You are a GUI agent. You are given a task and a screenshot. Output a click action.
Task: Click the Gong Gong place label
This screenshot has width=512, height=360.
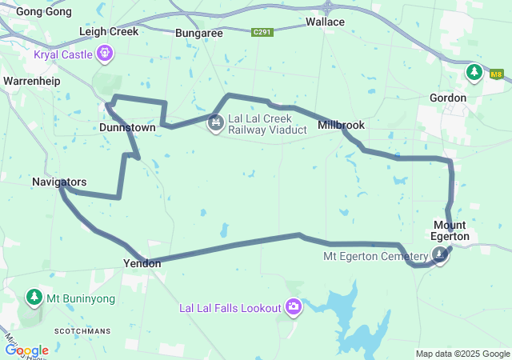[x=40, y=11]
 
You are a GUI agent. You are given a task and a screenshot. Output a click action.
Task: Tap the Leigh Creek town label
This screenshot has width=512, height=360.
[x=109, y=31]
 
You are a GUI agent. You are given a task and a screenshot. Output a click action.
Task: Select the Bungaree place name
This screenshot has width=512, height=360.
[x=199, y=33]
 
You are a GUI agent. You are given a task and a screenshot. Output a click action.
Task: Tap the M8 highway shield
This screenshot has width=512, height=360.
[x=497, y=74]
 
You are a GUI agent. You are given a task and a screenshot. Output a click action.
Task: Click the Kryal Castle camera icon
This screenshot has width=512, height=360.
[x=105, y=54]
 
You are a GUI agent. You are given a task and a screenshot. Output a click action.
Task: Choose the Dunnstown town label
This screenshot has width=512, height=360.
[x=127, y=127]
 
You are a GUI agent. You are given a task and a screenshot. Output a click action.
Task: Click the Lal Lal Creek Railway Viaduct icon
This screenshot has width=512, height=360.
[x=214, y=122]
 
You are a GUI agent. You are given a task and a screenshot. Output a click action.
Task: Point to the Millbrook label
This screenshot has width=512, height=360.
[x=341, y=125]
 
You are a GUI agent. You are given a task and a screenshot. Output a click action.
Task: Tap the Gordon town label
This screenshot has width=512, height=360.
[x=447, y=98]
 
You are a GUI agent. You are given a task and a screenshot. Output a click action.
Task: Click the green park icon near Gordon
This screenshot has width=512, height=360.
[x=474, y=73]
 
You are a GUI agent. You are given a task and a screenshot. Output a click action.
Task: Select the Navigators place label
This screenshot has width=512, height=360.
[x=59, y=182]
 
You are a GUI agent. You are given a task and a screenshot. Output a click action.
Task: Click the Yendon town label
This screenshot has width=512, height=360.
[x=142, y=262]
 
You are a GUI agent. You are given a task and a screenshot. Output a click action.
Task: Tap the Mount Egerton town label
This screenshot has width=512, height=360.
[x=451, y=230]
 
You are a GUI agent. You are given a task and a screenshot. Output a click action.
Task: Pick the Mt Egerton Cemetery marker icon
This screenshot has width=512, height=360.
[x=440, y=255]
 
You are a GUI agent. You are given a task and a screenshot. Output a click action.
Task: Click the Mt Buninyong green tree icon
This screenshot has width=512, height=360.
[x=34, y=298]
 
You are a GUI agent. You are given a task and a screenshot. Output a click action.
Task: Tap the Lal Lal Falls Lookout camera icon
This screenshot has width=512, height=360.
[x=294, y=307]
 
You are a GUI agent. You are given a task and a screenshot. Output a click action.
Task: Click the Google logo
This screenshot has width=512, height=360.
[x=26, y=350]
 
